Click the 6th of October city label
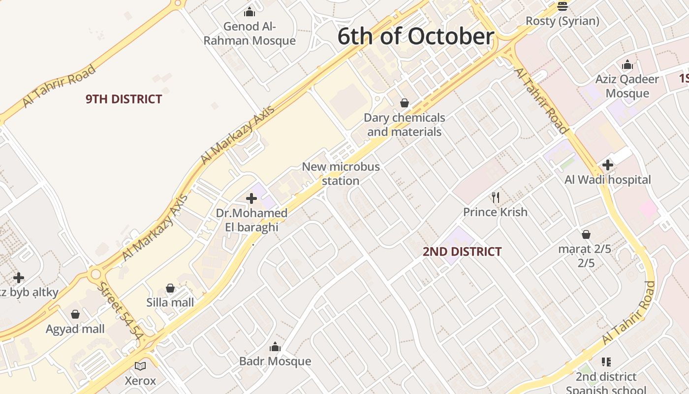[x=416, y=37]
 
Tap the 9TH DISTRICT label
[x=124, y=99]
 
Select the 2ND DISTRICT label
[x=462, y=252]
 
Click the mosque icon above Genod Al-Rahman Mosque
[x=250, y=11]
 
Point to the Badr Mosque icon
[x=275, y=347]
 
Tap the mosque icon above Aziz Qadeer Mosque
[x=627, y=65]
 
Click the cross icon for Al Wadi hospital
[x=608, y=165]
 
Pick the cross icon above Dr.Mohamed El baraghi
[x=251, y=198]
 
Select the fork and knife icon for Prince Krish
[x=496, y=197]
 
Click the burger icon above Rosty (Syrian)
[x=563, y=6]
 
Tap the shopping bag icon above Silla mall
[x=170, y=288]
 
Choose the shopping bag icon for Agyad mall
[x=75, y=314]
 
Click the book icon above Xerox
[x=140, y=366]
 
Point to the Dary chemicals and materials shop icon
[x=405, y=103]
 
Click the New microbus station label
[x=341, y=173]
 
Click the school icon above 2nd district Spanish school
[x=606, y=362]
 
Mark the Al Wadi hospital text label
[x=608, y=180]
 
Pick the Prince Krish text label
[x=495, y=212]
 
